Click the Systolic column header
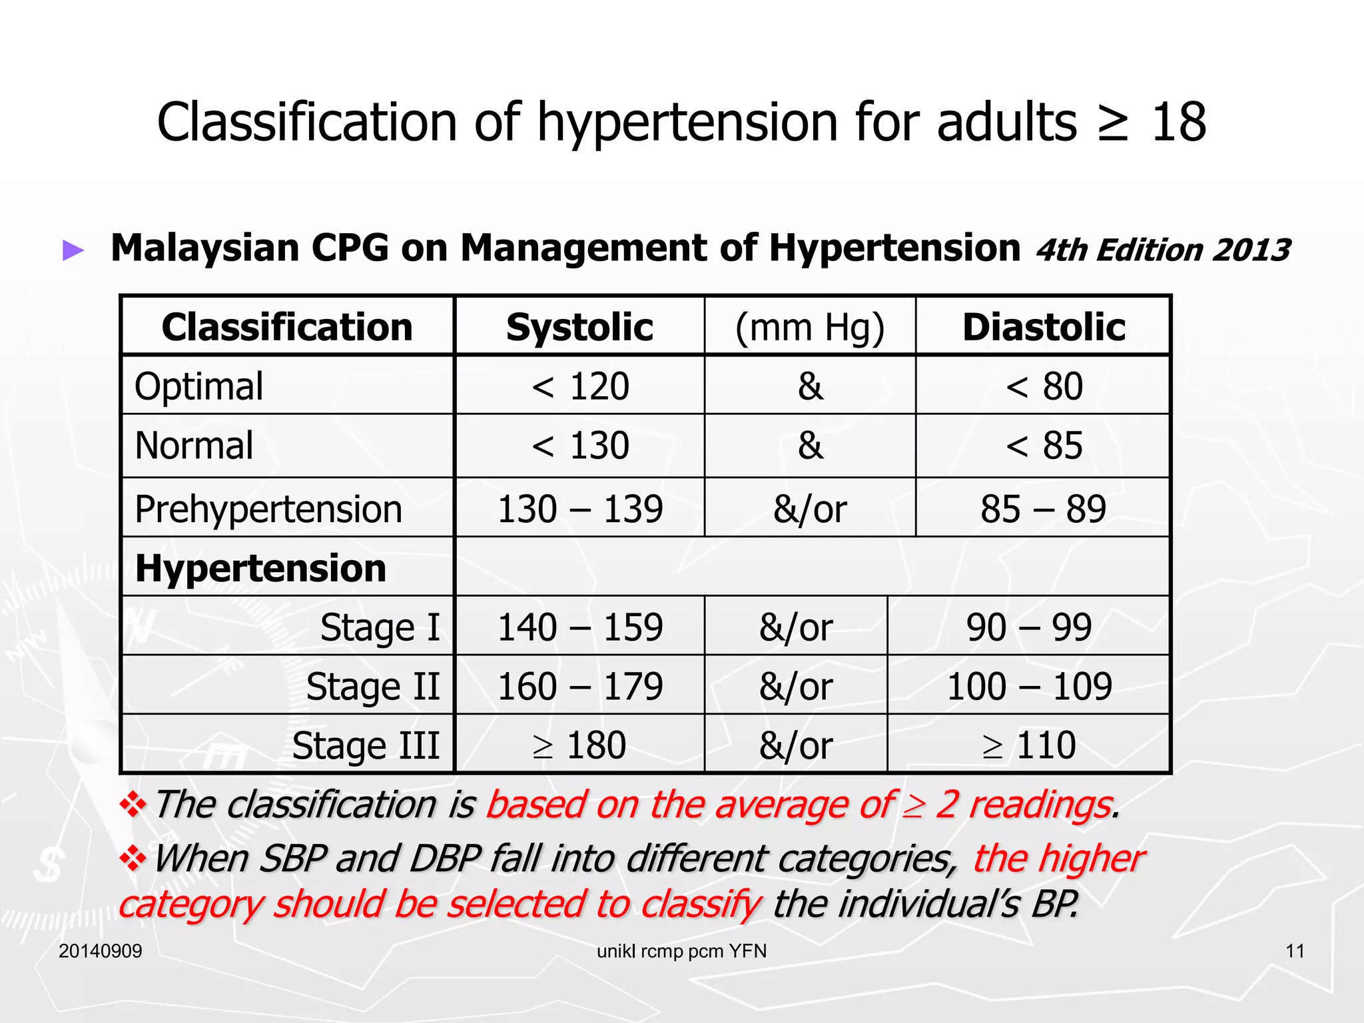(579, 327)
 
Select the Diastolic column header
(1044, 327)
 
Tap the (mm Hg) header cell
(810, 327)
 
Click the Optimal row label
(199, 386)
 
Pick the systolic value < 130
(580, 445)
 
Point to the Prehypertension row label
(268, 509)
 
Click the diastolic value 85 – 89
(1043, 509)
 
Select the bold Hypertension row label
(260, 568)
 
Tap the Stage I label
(380, 627)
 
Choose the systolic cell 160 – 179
(580, 686)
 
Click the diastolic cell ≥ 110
(1029, 745)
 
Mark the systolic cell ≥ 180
(579, 745)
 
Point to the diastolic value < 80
(1044, 386)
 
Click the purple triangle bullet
(73, 250)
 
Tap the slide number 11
(1295, 951)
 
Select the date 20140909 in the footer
(101, 951)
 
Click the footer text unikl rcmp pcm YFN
(681, 951)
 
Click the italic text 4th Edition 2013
(1163, 250)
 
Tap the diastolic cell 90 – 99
(1029, 627)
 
